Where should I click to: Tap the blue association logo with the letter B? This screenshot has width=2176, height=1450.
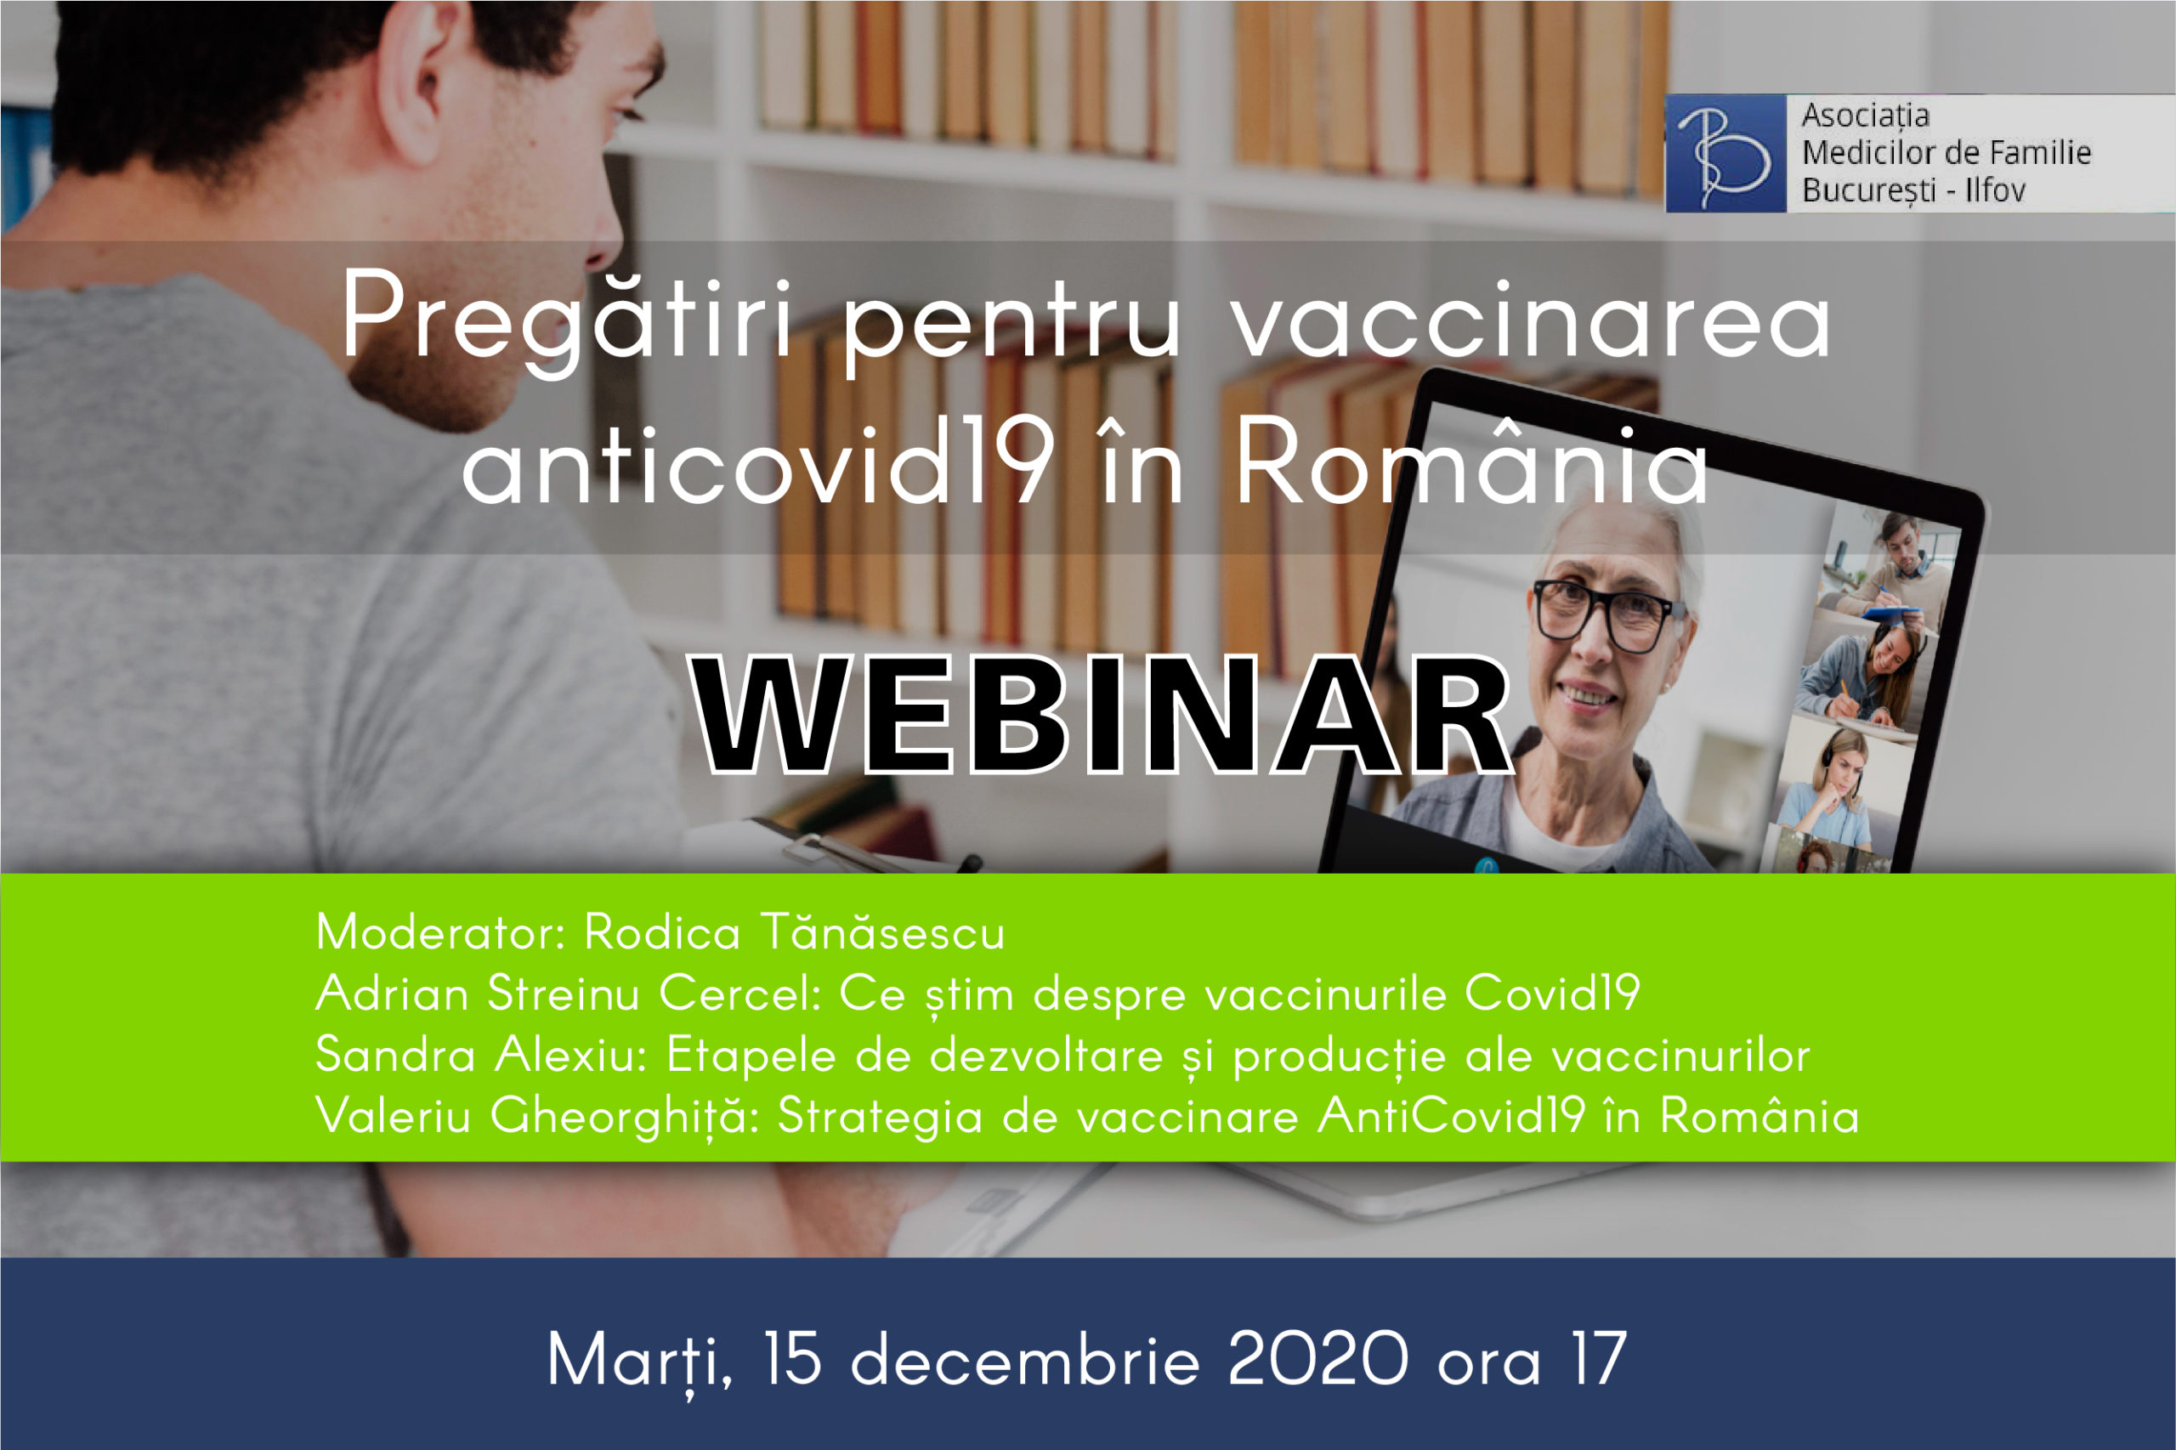click(1725, 154)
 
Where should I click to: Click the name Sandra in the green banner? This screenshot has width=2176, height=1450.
click(396, 1054)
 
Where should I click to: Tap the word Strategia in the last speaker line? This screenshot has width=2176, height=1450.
click(880, 1117)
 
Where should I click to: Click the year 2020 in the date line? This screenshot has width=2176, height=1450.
click(1317, 1359)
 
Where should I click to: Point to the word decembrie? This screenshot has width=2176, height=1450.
click(1024, 1359)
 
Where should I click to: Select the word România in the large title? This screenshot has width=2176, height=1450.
click(1471, 458)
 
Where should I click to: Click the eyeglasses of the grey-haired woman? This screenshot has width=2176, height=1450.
click(1607, 612)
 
